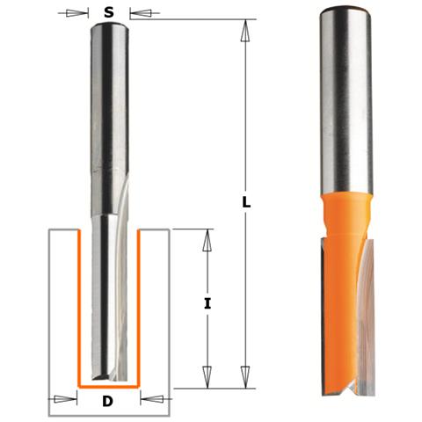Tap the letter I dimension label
click(207, 304)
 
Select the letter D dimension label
click(107, 402)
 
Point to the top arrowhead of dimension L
click(246, 29)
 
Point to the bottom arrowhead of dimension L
click(246, 377)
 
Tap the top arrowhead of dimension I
click(207, 239)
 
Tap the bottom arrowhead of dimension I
click(207, 377)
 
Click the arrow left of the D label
click(63, 400)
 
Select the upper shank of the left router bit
click(110, 88)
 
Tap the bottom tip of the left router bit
click(110, 377)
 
